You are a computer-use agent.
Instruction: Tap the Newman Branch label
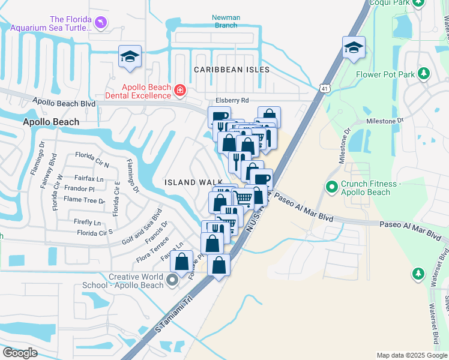226,21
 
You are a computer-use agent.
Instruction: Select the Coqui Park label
411,3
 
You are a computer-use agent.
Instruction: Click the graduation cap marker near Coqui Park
354,47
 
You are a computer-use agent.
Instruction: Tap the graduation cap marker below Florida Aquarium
130,56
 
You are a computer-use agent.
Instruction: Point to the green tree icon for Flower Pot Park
424,74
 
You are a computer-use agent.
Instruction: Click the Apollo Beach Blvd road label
64,103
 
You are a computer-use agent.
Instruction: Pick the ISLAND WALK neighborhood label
190,182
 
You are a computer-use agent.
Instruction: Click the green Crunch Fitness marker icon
331,188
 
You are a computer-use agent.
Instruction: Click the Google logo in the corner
20,353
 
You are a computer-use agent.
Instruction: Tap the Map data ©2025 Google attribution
411,355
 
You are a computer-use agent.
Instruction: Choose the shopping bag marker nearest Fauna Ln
182,262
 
